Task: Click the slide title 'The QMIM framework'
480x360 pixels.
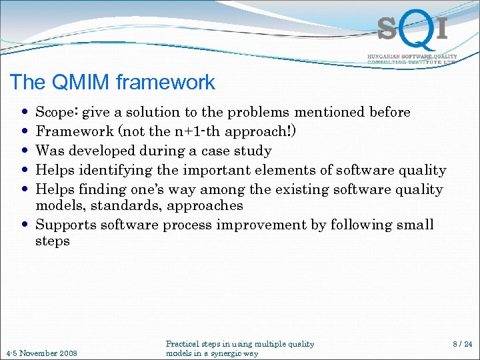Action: (112, 83)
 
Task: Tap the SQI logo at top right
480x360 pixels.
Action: (411, 30)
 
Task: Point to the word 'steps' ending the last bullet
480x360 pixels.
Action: (53, 241)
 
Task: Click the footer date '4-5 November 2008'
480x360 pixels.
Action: (41, 353)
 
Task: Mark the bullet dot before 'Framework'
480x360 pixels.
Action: (25, 132)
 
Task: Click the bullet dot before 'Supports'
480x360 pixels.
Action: (25, 225)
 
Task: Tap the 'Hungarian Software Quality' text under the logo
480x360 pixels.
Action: (412, 57)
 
